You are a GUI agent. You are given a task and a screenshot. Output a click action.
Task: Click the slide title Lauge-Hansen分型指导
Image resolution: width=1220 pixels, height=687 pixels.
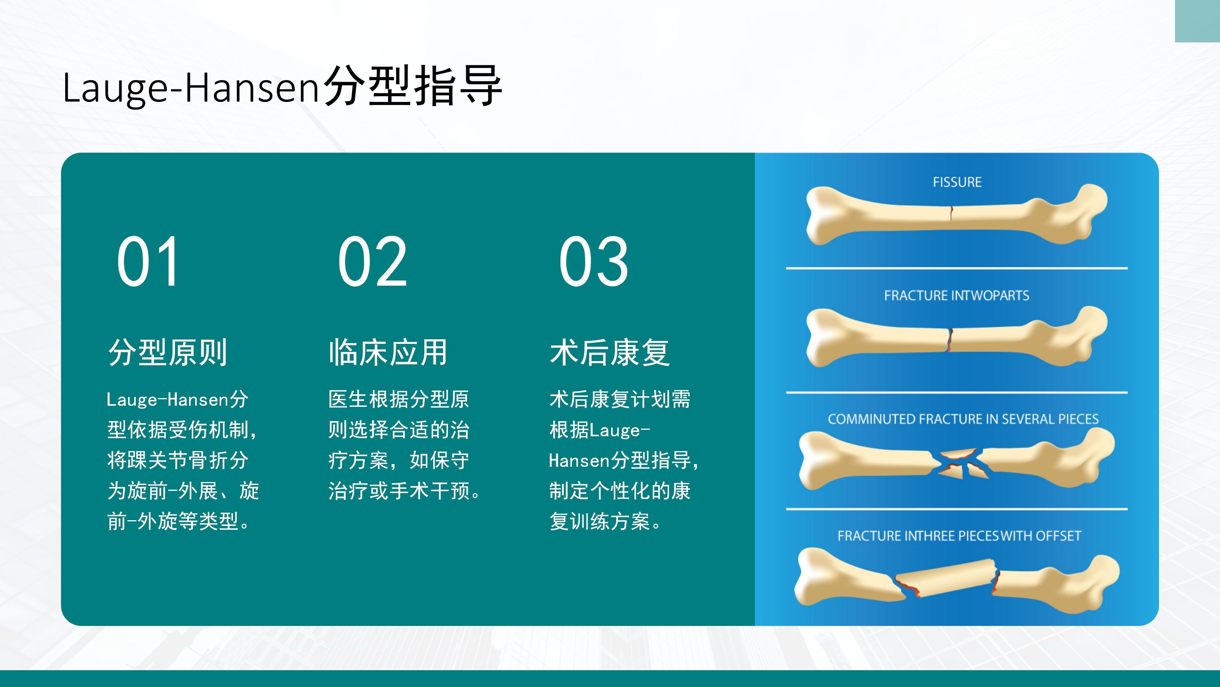coord(282,86)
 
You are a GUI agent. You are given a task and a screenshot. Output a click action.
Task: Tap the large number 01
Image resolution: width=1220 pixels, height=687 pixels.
coord(148,261)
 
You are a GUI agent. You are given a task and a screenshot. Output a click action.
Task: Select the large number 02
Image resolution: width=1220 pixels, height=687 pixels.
coord(372,261)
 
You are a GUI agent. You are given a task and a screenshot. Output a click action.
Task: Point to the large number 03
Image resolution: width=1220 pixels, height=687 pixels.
coord(594,261)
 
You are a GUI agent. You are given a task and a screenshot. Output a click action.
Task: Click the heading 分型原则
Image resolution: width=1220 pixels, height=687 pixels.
coord(168,352)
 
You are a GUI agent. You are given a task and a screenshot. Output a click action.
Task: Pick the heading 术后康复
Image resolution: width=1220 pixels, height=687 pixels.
coord(610,352)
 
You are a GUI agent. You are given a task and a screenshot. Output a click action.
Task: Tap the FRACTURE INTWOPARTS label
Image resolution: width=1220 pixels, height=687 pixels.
coord(957,295)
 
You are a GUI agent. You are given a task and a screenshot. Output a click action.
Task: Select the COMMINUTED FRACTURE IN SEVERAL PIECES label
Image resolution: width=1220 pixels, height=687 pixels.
coord(963,419)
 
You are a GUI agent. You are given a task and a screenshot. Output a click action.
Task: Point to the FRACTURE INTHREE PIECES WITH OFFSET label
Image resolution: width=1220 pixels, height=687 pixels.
coord(959,536)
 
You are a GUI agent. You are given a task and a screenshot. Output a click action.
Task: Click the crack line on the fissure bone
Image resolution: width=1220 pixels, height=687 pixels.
coord(951,213)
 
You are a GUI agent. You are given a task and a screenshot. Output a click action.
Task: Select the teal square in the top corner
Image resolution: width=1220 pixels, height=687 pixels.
coord(1197,21)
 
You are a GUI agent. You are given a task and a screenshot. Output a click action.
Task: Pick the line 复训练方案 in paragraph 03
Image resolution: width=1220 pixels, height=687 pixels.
coord(600,521)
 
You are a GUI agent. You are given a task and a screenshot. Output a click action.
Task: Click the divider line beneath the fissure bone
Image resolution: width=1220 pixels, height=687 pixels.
coord(957,268)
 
